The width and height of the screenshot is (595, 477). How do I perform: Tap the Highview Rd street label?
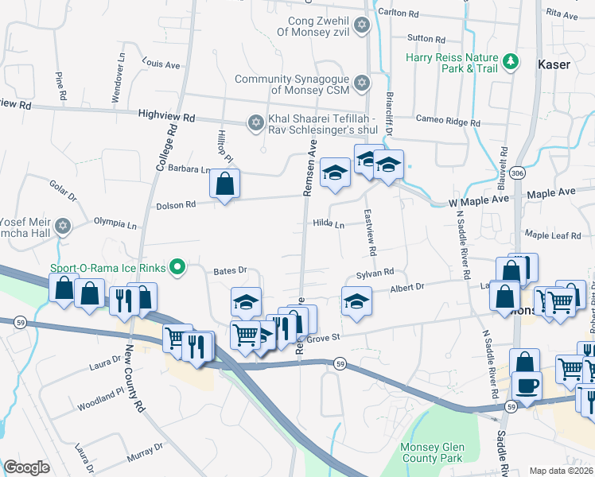tap(166, 117)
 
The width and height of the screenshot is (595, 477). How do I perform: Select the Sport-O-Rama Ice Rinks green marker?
tap(179, 268)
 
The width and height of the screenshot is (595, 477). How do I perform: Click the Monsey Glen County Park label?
tap(431, 452)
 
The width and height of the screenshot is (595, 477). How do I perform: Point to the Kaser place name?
tap(554, 64)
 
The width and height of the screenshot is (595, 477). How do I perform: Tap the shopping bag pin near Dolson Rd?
tap(225, 185)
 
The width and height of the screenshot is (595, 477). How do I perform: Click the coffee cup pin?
tap(527, 386)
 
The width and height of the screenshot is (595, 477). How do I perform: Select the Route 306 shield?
tap(518, 173)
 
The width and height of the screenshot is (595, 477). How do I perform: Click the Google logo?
tap(26, 467)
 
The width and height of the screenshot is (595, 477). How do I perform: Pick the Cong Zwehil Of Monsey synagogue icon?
tap(362, 25)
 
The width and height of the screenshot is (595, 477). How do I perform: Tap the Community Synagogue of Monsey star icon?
tap(362, 83)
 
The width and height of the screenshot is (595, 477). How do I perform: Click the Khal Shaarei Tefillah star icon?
tap(255, 122)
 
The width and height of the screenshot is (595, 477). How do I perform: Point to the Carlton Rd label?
tap(398, 14)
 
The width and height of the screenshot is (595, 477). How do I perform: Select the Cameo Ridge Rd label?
tap(449, 119)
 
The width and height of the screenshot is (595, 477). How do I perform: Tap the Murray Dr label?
tap(144, 459)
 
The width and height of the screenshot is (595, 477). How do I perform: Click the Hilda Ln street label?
tap(329, 225)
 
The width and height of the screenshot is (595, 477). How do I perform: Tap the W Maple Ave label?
tap(476, 202)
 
